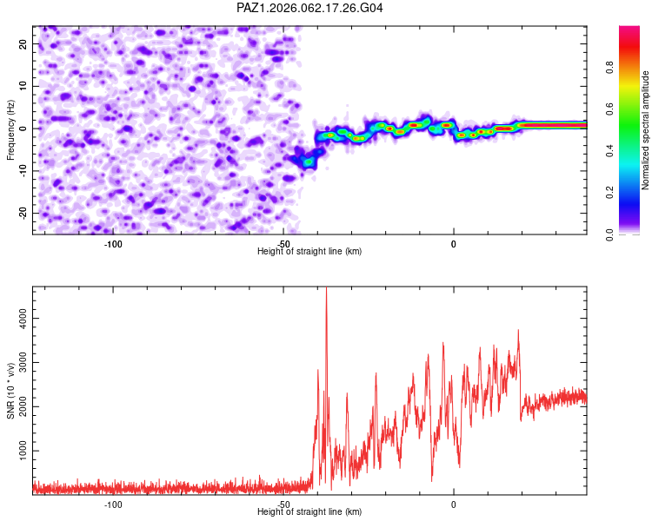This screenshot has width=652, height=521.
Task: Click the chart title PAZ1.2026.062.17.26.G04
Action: [x=310, y=8]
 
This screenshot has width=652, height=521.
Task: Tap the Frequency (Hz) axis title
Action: [x=11, y=130]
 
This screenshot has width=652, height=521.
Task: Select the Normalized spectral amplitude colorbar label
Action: [x=646, y=130]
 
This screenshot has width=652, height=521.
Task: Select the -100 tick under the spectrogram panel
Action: [x=113, y=244]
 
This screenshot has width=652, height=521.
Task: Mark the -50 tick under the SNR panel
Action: [x=283, y=505]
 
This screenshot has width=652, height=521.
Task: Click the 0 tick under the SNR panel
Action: [x=454, y=505]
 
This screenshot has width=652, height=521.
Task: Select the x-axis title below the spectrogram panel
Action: [x=309, y=252]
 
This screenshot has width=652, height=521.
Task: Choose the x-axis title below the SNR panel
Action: [x=309, y=512]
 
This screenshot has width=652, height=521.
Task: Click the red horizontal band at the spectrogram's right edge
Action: [x=556, y=125]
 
